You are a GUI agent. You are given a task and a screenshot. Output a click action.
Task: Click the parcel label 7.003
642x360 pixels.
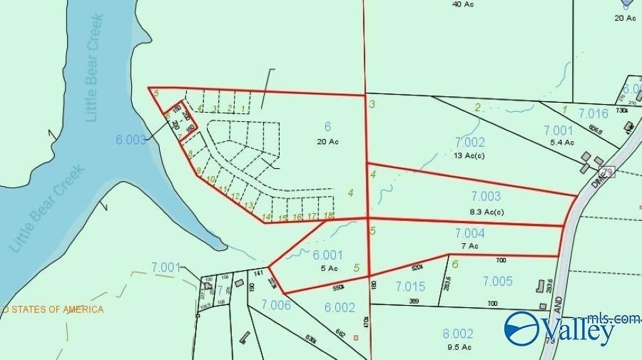coord(486,197)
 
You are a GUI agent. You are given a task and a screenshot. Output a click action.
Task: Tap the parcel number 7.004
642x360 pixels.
coord(469,234)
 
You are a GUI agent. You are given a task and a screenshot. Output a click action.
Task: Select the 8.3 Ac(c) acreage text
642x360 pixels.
coord(486,212)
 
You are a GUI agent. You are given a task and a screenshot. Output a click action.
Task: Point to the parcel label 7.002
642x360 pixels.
coord(469,143)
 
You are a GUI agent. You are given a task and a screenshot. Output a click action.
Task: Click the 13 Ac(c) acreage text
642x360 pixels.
coord(469,155)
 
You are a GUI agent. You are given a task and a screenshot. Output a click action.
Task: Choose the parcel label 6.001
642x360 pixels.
coord(327,254)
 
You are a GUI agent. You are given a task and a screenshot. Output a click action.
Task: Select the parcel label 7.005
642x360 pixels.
coord(497,282)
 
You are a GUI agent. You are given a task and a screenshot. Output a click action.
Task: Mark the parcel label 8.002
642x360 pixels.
coord(458,334)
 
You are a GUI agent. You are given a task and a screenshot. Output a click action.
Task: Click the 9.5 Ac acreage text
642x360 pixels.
coord(458,347)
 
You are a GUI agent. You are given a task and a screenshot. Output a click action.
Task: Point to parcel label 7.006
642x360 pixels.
coord(275,305)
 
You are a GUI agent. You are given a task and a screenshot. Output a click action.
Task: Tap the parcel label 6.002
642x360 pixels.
coord(340,307)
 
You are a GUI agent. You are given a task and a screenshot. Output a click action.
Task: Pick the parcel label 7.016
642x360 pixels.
coord(593,113)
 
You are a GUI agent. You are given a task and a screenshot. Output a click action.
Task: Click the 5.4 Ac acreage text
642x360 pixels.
coord(558,143)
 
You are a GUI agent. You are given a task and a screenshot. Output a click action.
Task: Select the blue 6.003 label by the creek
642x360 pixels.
coord(131,140)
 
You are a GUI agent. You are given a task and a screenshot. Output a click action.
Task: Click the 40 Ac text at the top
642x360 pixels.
coord(463,4)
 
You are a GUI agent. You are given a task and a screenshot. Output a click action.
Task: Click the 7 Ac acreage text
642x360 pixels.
coord(469,246)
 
